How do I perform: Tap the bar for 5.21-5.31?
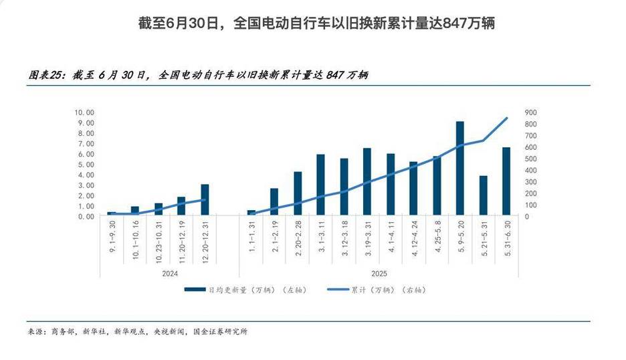484,196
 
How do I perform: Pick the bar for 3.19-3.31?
367,182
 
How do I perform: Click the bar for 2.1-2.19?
274,202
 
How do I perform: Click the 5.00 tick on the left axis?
86,165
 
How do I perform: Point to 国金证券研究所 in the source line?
220,331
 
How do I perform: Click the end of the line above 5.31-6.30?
507,118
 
